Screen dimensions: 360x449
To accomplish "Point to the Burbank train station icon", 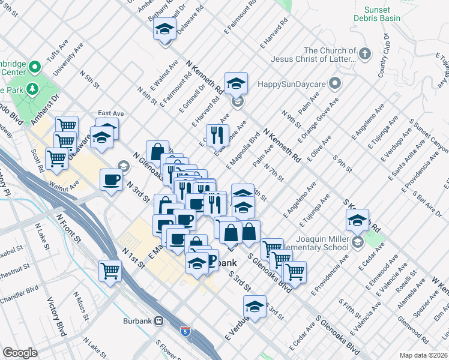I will coord(160,320).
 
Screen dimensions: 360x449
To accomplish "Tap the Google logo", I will coord(20,353).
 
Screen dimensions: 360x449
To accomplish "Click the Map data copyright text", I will coord(424,355).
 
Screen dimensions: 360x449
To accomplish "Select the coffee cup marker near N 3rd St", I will coord(112,180).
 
